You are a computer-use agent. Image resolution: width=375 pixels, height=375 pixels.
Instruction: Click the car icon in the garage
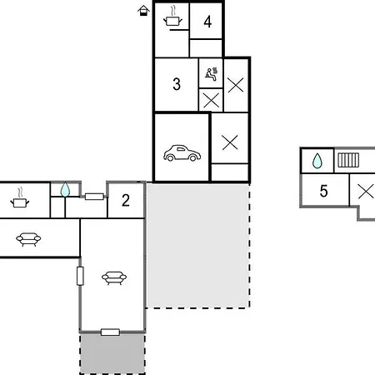[x=182, y=153]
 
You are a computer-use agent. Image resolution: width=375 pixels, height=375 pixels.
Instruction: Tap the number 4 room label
[x=207, y=22]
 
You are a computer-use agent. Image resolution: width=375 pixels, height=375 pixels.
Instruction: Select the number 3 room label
[x=177, y=84]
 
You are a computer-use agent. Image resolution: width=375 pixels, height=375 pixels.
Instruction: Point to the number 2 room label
[x=126, y=200]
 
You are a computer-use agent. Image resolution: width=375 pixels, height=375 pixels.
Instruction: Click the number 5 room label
[x=323, y=191]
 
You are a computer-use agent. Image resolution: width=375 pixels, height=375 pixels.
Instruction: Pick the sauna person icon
[x=212, y=74]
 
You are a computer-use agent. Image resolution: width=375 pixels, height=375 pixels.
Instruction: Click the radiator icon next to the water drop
[x=348, y=160]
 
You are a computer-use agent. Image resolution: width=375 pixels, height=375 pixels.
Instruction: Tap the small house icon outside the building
[x=143, y=11]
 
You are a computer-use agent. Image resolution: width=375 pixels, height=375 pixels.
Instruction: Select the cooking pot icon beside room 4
[x=172, y=17]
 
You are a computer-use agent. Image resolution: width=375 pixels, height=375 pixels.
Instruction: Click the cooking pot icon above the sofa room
[x=19, y=198]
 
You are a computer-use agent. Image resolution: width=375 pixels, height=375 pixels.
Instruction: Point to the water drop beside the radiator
[x=317, y=161]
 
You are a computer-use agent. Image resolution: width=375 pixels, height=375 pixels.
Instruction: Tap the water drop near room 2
[x=65, y=189]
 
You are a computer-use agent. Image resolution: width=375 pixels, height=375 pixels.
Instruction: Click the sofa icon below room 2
[x=114, y=278]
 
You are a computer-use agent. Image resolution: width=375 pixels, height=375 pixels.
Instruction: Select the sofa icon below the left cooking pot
[x=28, y=239]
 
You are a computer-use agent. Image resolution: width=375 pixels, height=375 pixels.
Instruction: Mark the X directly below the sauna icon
[x=211, y=100]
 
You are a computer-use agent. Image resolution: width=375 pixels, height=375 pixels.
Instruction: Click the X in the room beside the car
[x=230, y=142]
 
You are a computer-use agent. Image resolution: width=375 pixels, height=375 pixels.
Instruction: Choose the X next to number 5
[x=366, y=192]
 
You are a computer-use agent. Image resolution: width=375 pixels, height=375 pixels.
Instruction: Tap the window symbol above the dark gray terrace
[x=110, y=332]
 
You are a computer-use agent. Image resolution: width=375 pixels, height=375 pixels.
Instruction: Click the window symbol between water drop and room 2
[x=94, y=197]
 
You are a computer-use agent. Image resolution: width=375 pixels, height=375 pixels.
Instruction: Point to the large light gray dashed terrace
[x=197, y=246]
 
